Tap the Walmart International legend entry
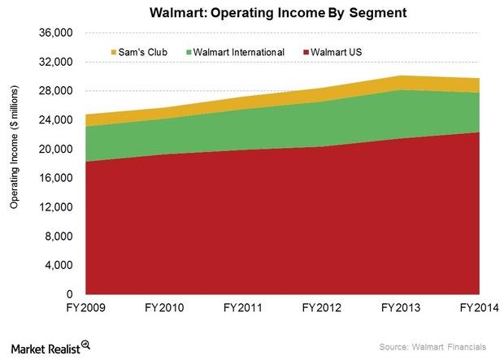(x=236, y=52)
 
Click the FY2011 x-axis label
(x=244, y=309)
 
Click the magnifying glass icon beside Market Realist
(x=85, y=345)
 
